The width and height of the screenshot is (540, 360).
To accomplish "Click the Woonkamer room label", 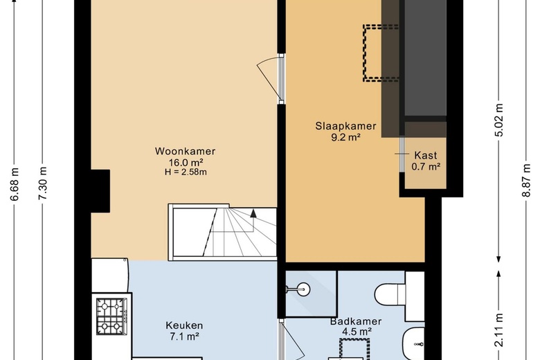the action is [186, 151].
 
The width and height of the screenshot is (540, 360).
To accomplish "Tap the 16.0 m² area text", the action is [186, 162].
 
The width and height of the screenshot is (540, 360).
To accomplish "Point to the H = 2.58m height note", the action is [186, 172].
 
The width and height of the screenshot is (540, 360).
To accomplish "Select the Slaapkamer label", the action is [345, 126].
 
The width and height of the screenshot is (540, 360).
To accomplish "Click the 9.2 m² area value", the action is [345, 138].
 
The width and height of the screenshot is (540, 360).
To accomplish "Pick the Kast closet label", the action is [426, 155].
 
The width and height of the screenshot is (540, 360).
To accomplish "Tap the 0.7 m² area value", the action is [426, 167].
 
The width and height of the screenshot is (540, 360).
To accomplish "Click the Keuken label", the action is [184, 325].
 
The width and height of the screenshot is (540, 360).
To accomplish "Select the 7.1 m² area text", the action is [185, 336].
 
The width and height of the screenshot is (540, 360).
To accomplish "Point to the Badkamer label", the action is [356, 321].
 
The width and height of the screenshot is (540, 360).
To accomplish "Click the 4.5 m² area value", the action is [357, 332].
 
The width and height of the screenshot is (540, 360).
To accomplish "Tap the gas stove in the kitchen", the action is [111, 316].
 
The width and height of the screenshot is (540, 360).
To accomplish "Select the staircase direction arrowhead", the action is [253, 213].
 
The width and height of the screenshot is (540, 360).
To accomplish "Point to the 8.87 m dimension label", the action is [526, 180].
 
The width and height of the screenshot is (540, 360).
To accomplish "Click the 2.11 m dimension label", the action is [499, 330].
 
